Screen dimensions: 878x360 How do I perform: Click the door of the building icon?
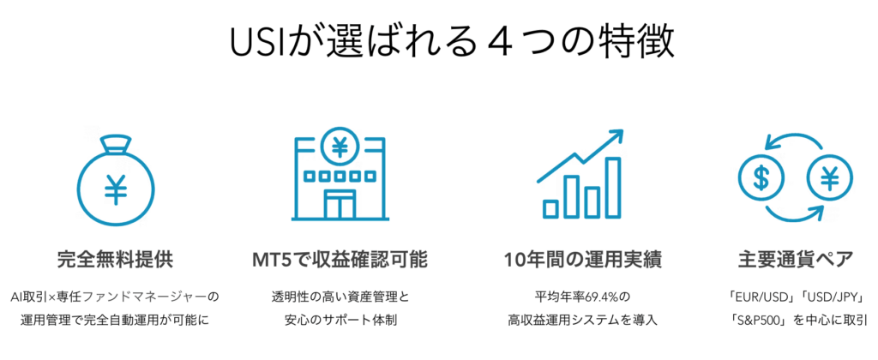(x=340, y=204)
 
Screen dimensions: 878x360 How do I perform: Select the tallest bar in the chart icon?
(x=614, y=188)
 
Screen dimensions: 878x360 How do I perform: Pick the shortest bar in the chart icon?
(x=551, y=208)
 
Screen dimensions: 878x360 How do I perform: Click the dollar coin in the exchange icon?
(x=761, y=178)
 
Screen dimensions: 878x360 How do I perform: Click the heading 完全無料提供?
(x=116, y=260)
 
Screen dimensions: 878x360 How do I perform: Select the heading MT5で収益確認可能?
(x=340, y=260)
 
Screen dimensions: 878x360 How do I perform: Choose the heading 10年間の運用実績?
(x=582, y=260)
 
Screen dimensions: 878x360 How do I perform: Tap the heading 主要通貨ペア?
(x=796, y=260)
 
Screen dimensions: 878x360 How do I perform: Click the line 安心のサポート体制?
(x=340, y=321)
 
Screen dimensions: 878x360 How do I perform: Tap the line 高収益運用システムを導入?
(x=582, y=321)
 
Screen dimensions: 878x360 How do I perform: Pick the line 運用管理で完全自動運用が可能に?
(x=116, y=321)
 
